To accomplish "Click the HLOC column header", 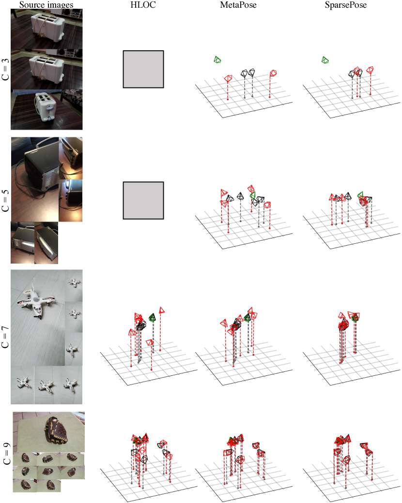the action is (x=143, y=5).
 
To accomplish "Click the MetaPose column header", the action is (x=238, y=5).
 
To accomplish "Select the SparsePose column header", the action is (x=345, y=5).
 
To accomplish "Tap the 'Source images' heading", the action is (x=46, y=5).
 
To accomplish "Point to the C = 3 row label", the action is (x=5, y=69).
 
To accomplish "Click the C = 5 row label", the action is (x=5, y=201).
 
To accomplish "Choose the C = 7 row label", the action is (x=5, y=337).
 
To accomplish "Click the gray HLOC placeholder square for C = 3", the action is (x=143, y=69).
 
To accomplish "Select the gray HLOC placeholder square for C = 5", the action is (x=143, y=201).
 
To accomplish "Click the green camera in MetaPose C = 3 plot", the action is (x=217, y=59).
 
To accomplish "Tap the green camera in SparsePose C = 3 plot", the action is (x=325, y=59).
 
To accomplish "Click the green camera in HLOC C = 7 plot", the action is (x=152, y=318).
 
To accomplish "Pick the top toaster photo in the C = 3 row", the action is (x=46, y=29).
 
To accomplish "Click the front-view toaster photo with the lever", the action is (x=46, y=110).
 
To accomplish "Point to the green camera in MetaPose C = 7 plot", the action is (x=247, y=318).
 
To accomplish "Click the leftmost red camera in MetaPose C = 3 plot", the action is (x=228, y=78).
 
